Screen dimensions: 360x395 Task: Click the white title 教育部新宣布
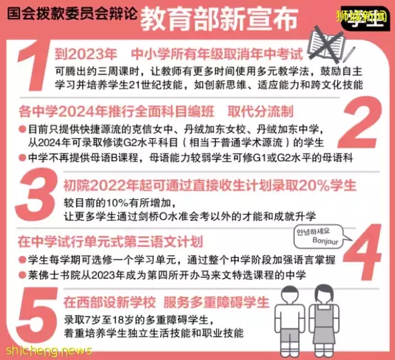(218, 14)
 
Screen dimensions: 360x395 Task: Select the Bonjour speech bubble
(316, 236)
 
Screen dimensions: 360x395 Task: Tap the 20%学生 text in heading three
(328, 185)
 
